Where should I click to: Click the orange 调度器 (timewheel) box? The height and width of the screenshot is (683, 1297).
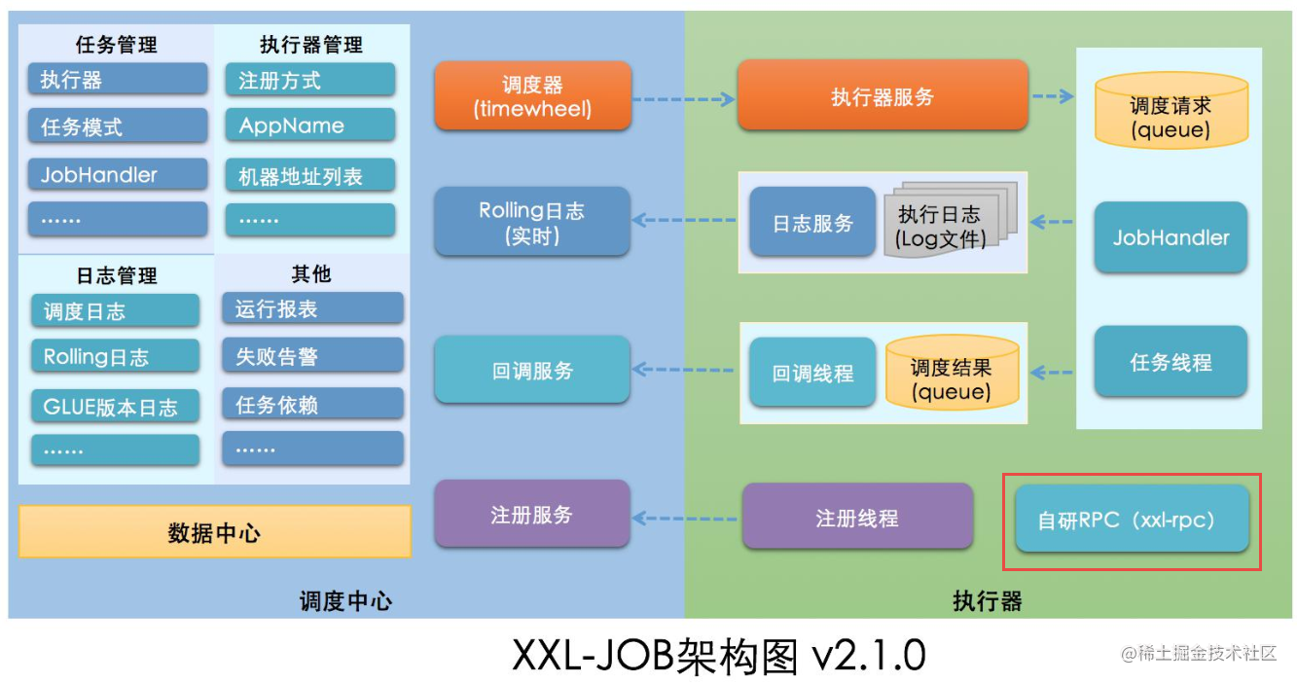tap(532, 95)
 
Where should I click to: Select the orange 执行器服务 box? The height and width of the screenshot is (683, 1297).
tap(883, 95)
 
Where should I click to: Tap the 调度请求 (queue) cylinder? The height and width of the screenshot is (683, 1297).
tap(1171, 110)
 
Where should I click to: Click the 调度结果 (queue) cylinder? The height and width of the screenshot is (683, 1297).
tap(952, 373)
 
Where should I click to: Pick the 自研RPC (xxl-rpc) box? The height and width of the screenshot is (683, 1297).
tap(1132, 519)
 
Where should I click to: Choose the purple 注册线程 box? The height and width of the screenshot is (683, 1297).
tap(857, 517)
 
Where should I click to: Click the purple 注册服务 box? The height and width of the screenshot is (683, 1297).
tap(532, 514)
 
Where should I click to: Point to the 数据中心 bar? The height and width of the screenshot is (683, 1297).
tap(215, 531)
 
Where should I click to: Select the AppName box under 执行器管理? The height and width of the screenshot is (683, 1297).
tap(310, 126)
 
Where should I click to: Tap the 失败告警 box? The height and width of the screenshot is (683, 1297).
tap(312, 355)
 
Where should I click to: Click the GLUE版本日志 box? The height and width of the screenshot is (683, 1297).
tap(115, 406)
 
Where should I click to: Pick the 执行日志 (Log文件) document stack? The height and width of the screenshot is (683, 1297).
tap(951, 220)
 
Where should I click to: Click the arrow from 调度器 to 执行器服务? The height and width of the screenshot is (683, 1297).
tap(684, 99)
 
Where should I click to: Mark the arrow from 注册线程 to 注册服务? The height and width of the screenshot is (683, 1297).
tap(684, 518)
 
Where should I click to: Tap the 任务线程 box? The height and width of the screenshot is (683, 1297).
tap(1171, 361)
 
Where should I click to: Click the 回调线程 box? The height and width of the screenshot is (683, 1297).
tap(812, 373)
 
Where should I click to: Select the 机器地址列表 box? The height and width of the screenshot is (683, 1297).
tap(310, 175)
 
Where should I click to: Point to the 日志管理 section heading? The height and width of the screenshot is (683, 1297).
tap(117, 275)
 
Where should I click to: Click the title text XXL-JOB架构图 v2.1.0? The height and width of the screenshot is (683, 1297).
tap(719, 655)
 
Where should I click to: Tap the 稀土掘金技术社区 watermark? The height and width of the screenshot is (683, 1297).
tap(1199, 654)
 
